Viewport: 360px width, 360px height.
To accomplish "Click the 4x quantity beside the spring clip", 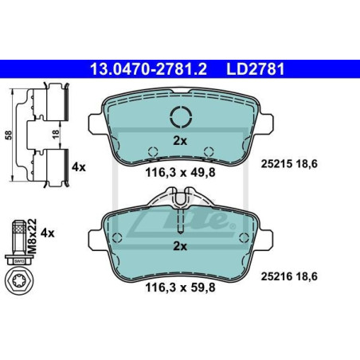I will coord(79,167).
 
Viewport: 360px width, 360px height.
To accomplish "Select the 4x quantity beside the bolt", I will coord(47,233).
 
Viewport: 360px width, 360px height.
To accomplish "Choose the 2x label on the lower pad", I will coord(180,246).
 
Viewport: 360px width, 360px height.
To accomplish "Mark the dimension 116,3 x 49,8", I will coord(181,172).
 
